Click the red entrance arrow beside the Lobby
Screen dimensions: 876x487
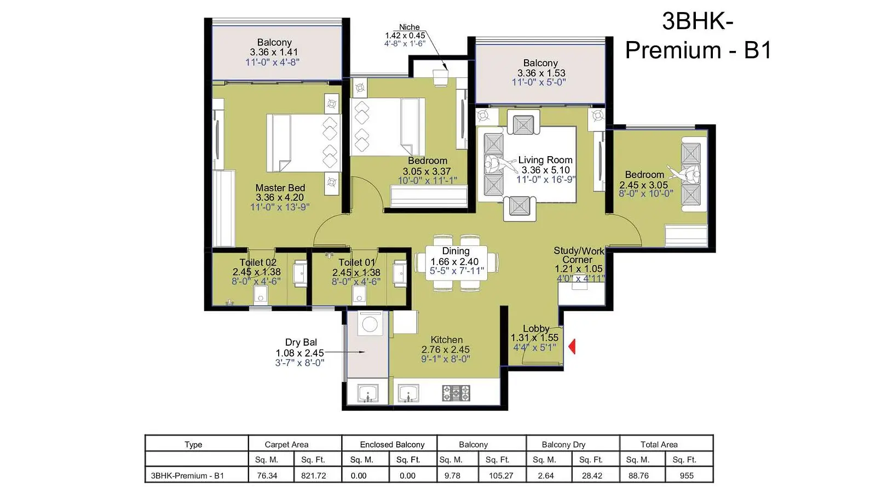[572, 347]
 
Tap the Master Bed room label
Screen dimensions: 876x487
[280, 188]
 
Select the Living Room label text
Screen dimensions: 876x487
[545, 160]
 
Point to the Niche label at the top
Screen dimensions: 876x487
[409, 27]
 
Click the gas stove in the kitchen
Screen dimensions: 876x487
[456, 393]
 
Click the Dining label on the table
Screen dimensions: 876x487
[456, 251]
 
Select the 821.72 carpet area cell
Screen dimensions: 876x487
[313, 475]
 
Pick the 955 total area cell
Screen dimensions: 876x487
[687, 475]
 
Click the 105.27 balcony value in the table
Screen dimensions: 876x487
[501, 475]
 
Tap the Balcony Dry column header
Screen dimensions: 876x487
[563, 444]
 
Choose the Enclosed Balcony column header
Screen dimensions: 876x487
[392, 444]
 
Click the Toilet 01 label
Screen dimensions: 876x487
[356, 262]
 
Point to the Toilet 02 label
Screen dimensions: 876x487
[258, 262]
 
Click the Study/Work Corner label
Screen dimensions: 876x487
[579, 255]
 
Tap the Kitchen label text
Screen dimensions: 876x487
[447, 340]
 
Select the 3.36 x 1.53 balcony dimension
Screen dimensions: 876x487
[541, 73]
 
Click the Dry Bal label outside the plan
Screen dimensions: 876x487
[301, 343]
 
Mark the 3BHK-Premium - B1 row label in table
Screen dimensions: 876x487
[187, 475]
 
